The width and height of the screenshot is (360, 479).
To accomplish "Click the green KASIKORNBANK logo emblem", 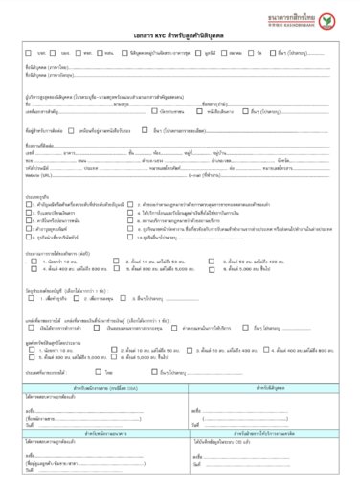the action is pyautogui.click(x=330, y=19).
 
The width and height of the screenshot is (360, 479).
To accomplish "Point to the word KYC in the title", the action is pyautogui.click(x=147, y=34).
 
